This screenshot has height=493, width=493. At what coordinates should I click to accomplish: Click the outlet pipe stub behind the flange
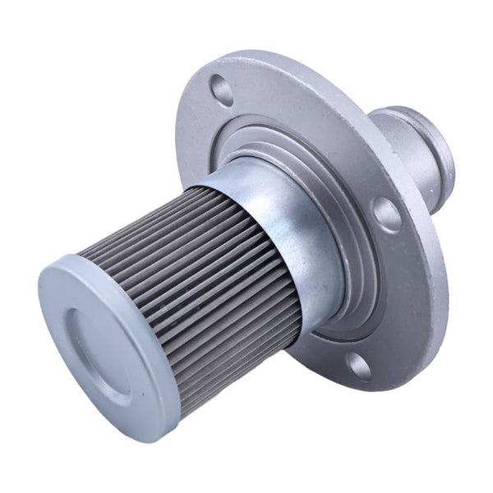point(415,152)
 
